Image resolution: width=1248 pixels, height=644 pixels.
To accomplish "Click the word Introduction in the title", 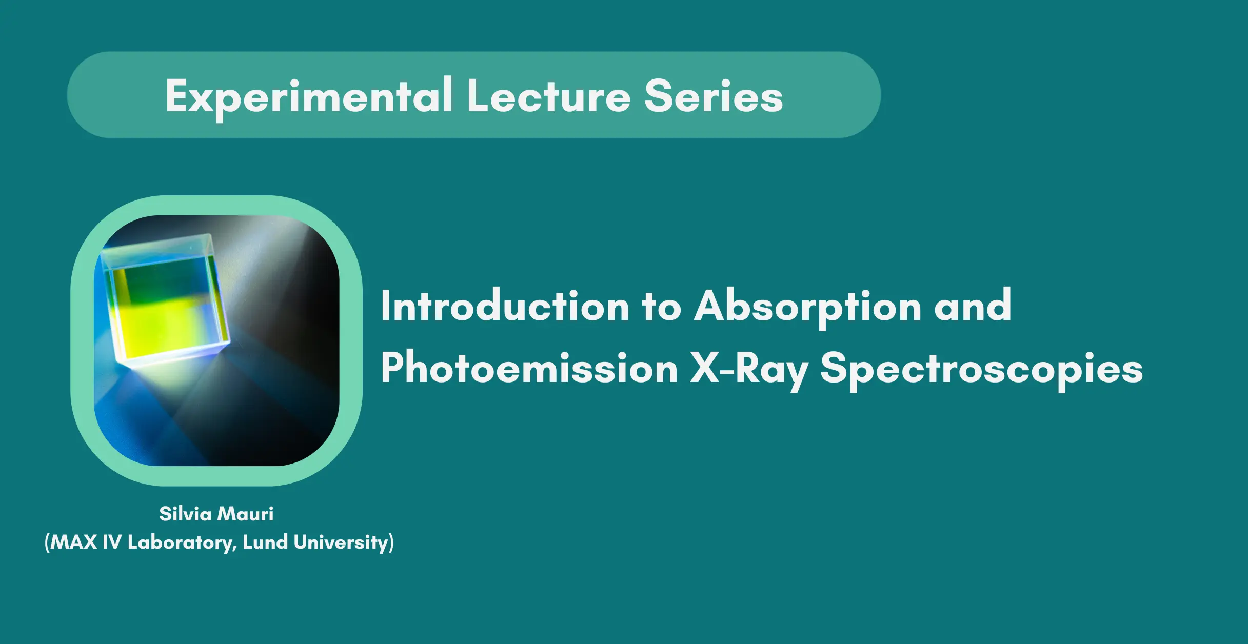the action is tap(505, 306).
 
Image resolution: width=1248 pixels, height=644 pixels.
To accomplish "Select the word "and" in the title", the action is tap(973, 306).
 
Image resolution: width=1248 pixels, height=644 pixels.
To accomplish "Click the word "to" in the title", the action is tap(662, 308).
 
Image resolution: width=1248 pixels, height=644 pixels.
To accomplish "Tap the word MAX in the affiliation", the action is tap(73, 542).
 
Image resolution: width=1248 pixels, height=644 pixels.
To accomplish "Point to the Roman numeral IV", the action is tap(112, 542).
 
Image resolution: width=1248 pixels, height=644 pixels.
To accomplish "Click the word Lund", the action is tap(265, 542).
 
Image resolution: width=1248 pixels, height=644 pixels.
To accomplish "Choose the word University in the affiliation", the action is tap(341, 543).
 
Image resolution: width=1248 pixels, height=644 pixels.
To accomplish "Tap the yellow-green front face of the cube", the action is tap(165, 310).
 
